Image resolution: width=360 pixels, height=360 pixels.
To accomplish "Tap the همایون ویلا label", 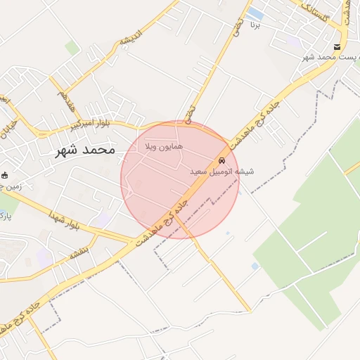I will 163,147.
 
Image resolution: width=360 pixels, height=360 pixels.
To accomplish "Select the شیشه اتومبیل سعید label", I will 221,171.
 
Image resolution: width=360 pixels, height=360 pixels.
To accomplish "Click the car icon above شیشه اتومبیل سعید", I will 222,160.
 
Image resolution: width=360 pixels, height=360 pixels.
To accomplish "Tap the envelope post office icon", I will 338,47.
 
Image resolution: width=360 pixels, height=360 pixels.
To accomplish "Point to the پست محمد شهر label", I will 331,56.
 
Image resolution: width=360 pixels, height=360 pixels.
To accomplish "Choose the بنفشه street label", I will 78,251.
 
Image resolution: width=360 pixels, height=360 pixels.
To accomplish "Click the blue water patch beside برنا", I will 255,14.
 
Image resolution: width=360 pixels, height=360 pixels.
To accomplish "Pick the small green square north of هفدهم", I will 72,48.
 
